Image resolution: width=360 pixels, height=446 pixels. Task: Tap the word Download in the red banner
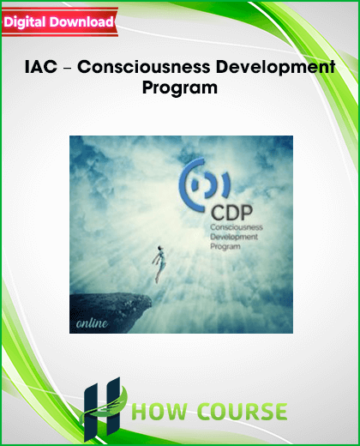pyautogui.click(x=81, y=21)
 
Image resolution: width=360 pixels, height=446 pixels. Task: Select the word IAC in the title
pyautogui.click(x=41, y=67)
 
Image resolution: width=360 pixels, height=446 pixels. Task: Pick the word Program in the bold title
pyautogui.click(x=180, y=87)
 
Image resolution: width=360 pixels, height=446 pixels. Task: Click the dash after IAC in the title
pyautogui.click(x=67, y=68)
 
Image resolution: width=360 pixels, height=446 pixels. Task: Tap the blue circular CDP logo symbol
pyautogui.click(x=203, y=185)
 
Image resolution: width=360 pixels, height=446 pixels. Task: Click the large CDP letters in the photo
pyautogui.click(x=231, y=213)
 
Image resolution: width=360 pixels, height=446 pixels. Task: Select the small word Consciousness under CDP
pyautogui.click(x=237, y=227)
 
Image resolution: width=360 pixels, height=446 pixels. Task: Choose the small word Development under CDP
pyautogui.click(x=234, y=237)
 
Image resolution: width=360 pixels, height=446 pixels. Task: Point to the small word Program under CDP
pyautogui.click(x=225, y=246)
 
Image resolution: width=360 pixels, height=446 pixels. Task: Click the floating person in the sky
pyautogui.click(x=159, y=263)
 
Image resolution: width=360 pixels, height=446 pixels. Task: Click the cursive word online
pyautogui.click(x=92, y=323)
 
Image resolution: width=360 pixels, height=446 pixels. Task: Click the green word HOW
pyautogui.click(x=161, y=412)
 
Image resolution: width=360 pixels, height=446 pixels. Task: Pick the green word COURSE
pyautogui.click(x=243, y=412)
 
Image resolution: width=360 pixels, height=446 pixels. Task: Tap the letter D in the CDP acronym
pyautogui.click(x=232, y=213)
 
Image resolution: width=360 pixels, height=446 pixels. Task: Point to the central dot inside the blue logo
pyautogui.click(x=195, y=186)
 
